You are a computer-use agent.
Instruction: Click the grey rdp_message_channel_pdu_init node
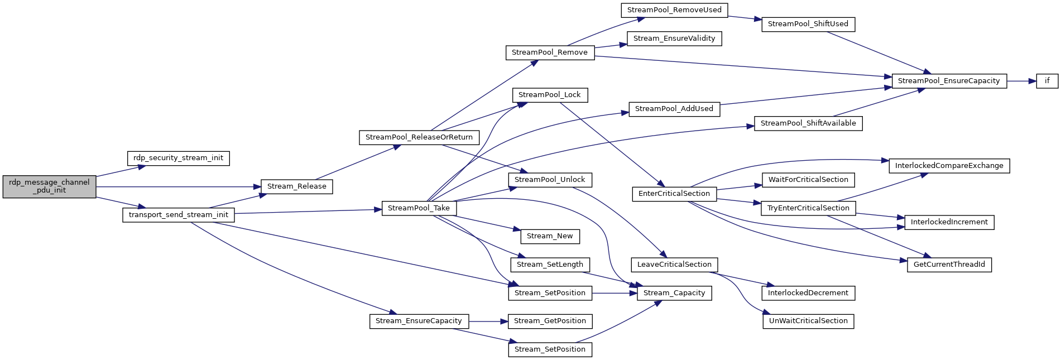coord(49,186)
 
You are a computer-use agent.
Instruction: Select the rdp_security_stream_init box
coord(178,158)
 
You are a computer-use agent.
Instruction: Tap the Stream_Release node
coord(296,186)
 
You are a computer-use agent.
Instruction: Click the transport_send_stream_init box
coord(179,215)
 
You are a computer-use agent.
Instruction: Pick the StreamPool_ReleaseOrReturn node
coord(419,137)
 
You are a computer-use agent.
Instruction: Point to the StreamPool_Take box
coord(419,208)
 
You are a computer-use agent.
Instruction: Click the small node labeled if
coord(1047,81)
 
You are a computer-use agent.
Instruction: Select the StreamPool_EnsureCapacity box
coord(949,81)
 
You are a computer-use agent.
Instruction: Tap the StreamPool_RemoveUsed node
coord(674,10)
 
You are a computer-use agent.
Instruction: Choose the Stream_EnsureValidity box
coord(674,39)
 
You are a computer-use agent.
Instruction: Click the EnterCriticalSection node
coord(674,194)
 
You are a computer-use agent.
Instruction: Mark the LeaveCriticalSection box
coord(674,265)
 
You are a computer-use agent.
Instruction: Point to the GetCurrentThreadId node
coord(949,265)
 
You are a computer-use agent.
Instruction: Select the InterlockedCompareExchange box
coord(949,166)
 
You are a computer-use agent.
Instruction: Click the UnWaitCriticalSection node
coord(808,321)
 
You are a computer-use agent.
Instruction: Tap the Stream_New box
coord(550,236)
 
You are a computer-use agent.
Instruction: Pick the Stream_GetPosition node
coord(550,321)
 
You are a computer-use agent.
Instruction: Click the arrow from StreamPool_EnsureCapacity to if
coord(1021,81)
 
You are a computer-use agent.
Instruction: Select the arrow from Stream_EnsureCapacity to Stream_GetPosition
coord(488,321)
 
